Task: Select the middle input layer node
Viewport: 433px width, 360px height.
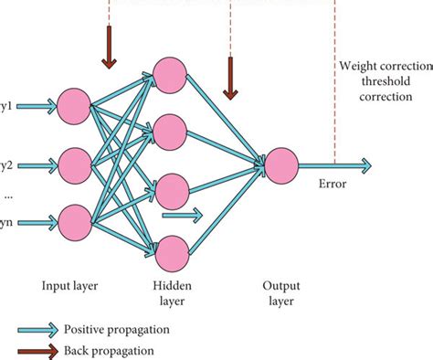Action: [73, 164]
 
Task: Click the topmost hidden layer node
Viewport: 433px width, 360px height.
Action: [171, 75]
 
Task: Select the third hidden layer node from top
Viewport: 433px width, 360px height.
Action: [171, 191]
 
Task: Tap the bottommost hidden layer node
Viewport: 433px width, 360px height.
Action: [171, 249]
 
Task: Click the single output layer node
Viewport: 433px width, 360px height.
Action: [281, 164]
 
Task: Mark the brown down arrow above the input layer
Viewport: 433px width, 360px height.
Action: [109, 48]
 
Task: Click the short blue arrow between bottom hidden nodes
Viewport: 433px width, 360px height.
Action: [183, 217]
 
